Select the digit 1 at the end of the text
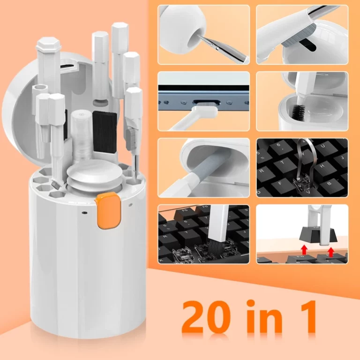pos(307,317)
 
